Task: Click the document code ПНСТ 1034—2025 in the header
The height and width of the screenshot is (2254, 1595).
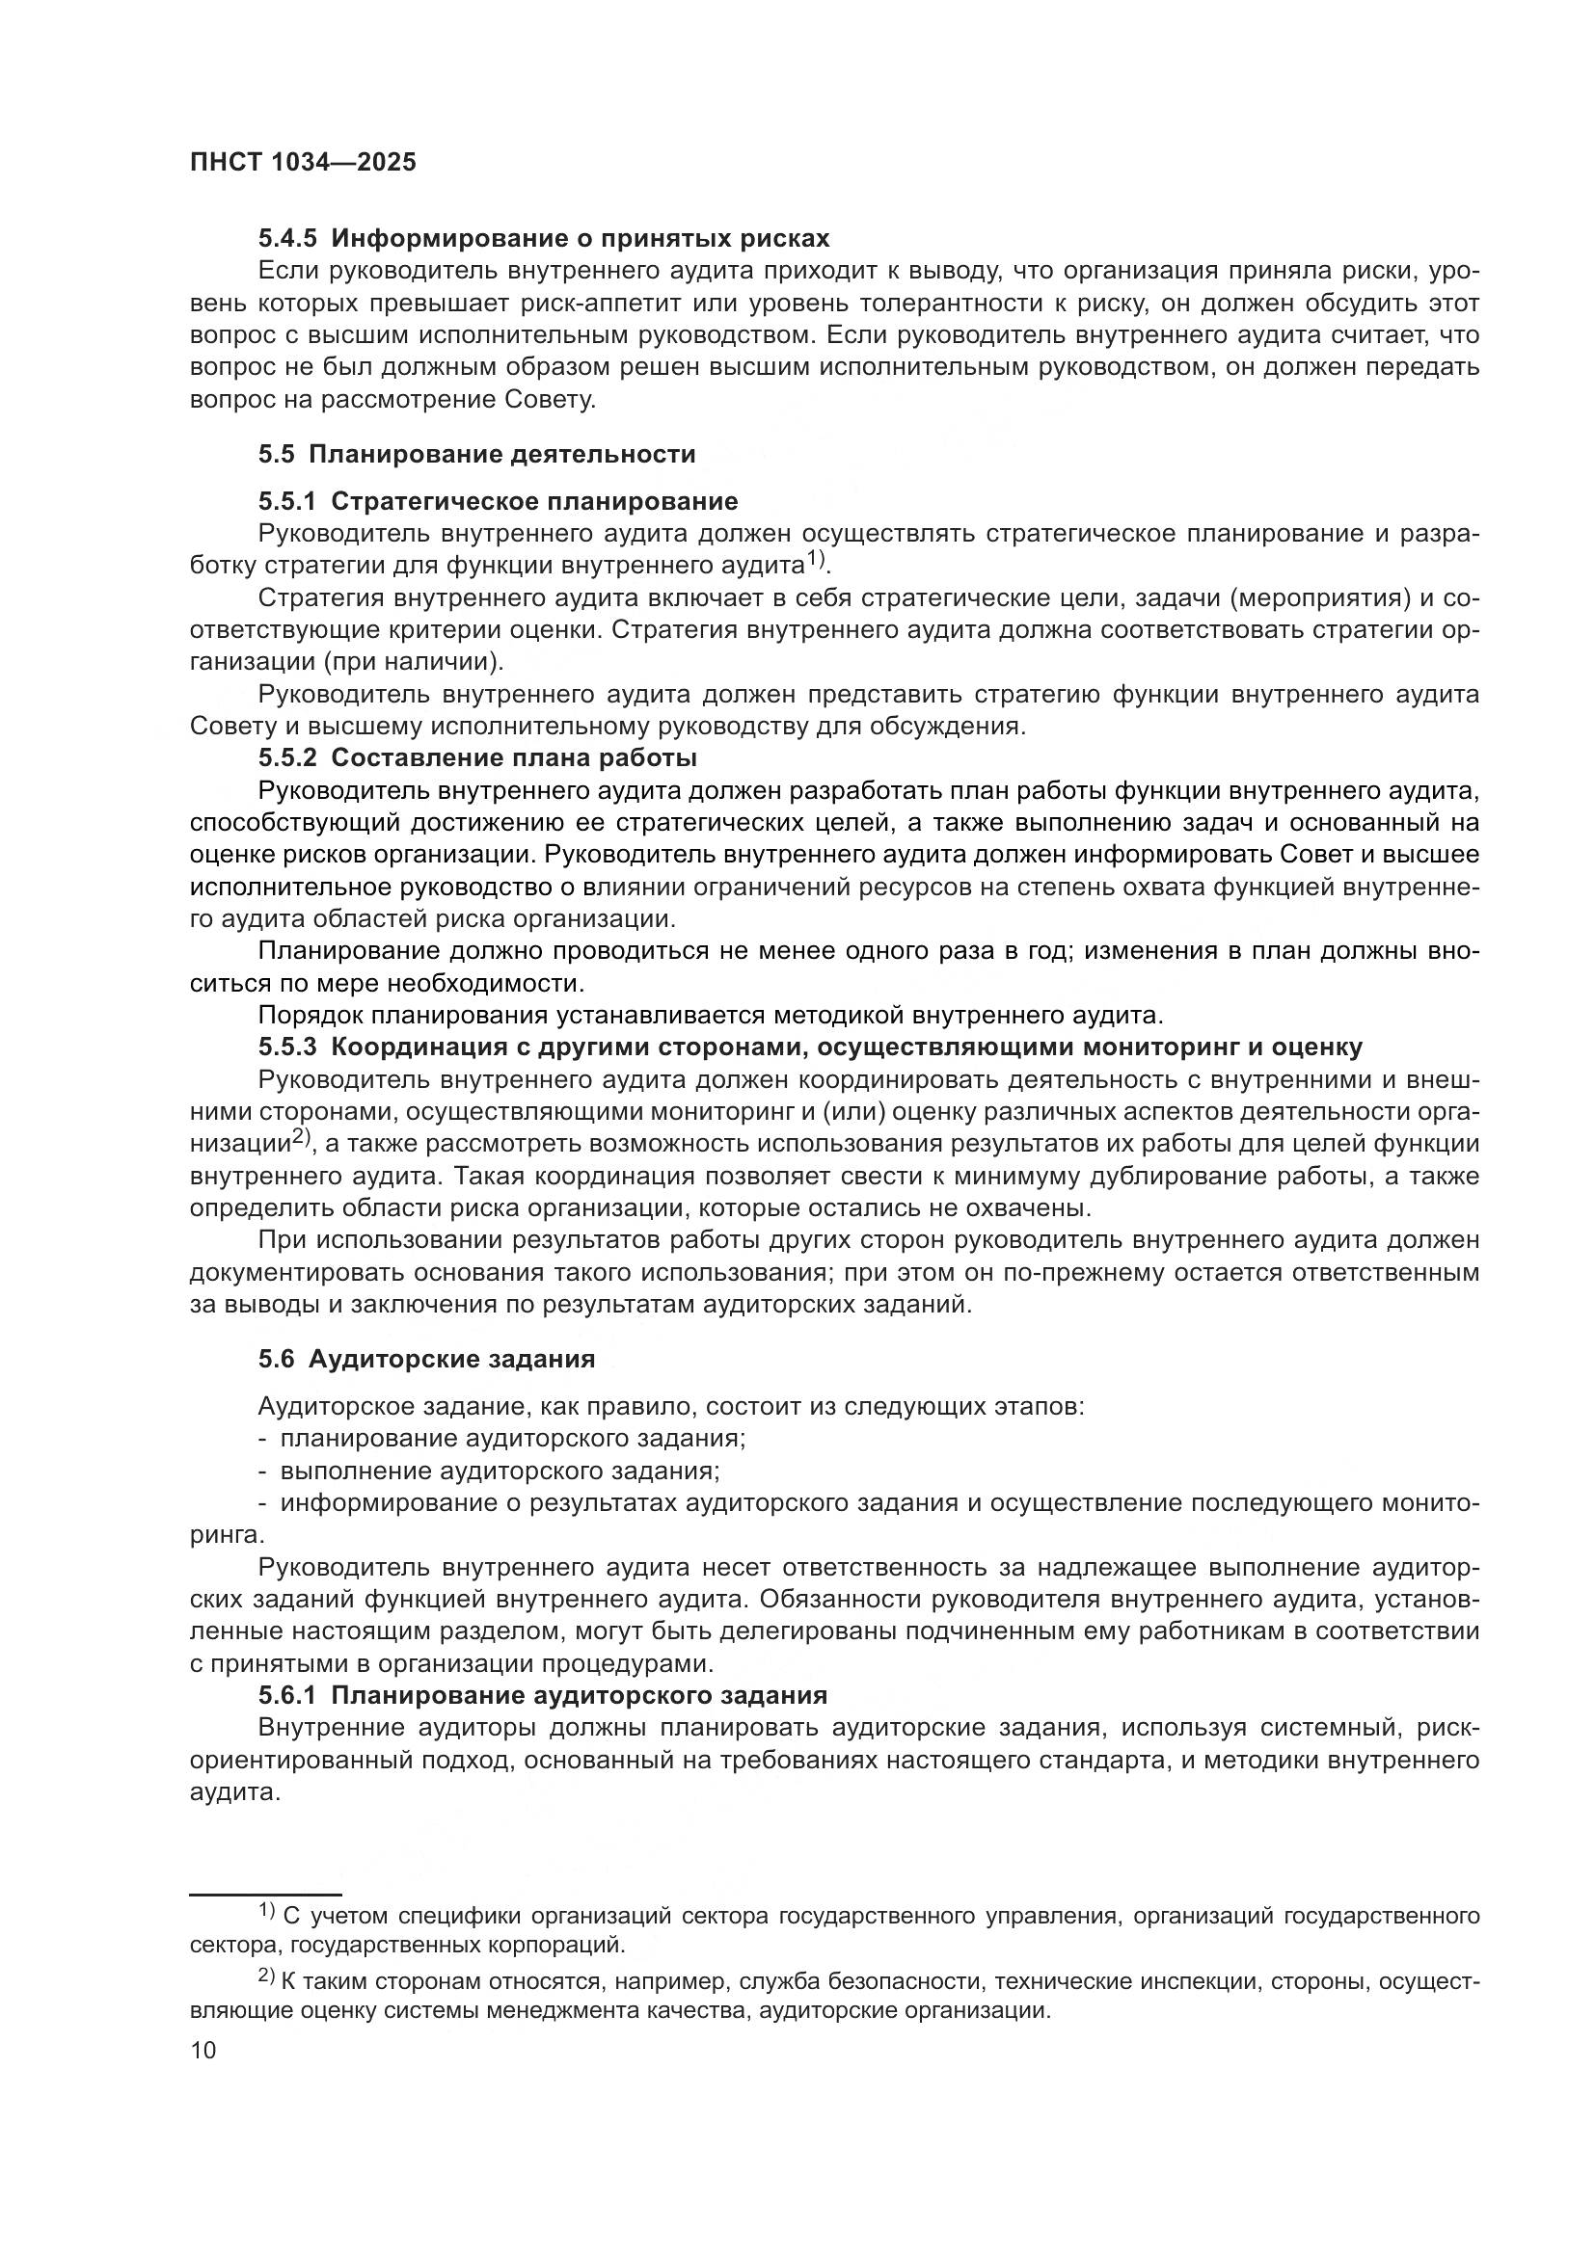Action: [303, 163]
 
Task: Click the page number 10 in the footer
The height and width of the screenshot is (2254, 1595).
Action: [203, 2051]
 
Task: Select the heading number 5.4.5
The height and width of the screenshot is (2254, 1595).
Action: [287, 239]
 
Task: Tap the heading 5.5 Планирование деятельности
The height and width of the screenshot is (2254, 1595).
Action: [477, 455]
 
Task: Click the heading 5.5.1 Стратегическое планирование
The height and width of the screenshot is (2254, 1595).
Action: [498, 502]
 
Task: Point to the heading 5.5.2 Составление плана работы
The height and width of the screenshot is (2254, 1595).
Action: [477, 757]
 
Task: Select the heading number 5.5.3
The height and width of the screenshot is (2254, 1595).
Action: [287, 1047]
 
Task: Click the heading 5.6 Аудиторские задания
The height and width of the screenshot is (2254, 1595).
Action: [426, 1360]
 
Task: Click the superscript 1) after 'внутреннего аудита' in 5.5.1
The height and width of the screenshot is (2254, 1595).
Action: [817, 560]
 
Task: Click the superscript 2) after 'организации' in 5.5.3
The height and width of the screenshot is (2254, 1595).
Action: [301, 1138]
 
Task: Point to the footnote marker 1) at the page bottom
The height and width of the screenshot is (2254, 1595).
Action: [267, 1910]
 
